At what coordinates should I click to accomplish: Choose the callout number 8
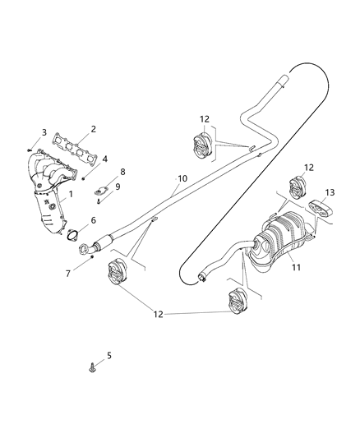coord(122,172)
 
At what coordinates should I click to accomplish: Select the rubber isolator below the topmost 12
coord(200,147)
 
